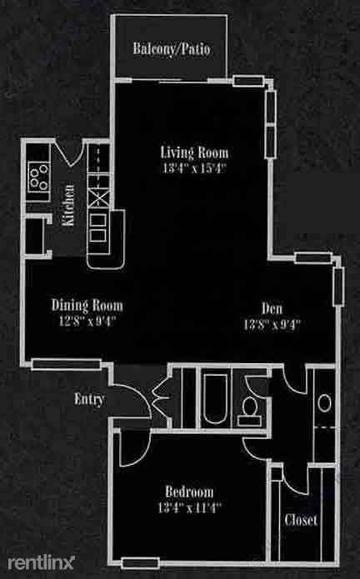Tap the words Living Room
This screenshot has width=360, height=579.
click(x=194, y=152)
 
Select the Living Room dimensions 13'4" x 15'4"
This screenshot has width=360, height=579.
click(x=194, y=167)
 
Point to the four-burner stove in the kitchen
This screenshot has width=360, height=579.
click(x=38, y=175)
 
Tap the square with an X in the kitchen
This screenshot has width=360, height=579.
click(x=98, y=199)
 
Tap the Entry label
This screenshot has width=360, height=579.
click(x=89, y=399)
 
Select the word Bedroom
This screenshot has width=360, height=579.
click(x=188, y=491)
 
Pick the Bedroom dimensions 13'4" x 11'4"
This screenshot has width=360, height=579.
click(x=188, y=505)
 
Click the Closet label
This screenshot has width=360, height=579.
click(x=301, y=521)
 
